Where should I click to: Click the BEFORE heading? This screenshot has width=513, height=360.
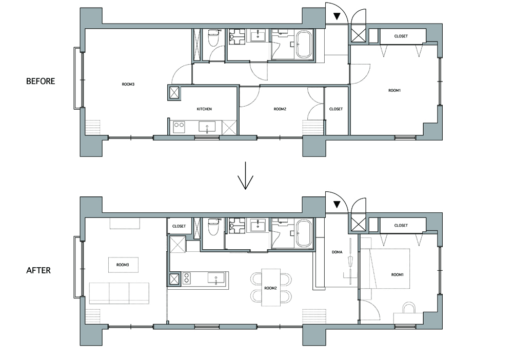[41, 81]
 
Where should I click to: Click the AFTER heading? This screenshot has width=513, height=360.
[38, 270]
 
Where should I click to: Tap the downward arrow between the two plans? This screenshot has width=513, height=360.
[245, 176]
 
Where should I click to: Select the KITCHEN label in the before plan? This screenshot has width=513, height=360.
[204, 109]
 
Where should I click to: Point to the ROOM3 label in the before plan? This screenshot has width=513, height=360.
[128, 84]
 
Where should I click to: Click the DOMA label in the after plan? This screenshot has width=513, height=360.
[337, 252]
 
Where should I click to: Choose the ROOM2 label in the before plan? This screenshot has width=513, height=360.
[280, 109]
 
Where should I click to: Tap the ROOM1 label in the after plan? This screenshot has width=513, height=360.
[398, 275]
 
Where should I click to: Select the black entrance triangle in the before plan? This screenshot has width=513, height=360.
[337, 16]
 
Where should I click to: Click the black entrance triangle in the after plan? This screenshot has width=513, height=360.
[337, 205]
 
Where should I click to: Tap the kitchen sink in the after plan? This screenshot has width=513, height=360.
[216, 278]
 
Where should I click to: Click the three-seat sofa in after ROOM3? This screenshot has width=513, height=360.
[119, 293]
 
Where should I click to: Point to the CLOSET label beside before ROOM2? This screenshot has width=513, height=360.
[336, 109]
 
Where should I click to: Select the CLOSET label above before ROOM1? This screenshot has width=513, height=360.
[401, 36]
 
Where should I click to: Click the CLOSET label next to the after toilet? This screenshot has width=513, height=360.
[179, 226]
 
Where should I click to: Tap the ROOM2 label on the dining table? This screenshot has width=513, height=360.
[270, 288]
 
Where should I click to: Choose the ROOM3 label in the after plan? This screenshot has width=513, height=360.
[123, 265]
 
